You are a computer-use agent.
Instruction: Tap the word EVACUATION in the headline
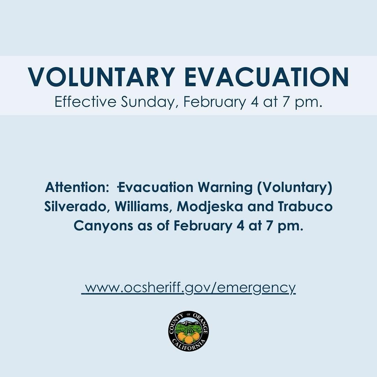(267, 77)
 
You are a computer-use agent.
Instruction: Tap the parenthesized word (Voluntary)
(295, 188)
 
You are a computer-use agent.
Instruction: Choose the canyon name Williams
(143, 207)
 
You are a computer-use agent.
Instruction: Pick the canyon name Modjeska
(210, 207)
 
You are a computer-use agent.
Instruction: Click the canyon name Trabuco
(305, 207)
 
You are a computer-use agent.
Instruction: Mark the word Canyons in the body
(103, 226)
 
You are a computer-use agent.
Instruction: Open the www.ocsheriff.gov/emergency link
(189, 288)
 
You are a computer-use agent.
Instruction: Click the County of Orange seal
(188, 331)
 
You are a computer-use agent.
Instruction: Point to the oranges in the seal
(188, 337)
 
